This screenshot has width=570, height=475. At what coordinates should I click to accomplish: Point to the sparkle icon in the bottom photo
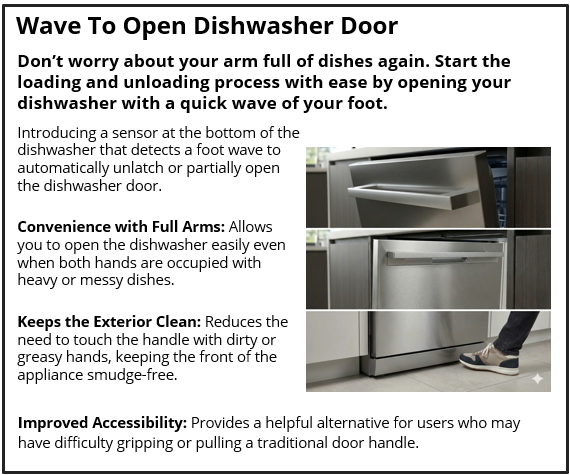[x=538, y=379]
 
